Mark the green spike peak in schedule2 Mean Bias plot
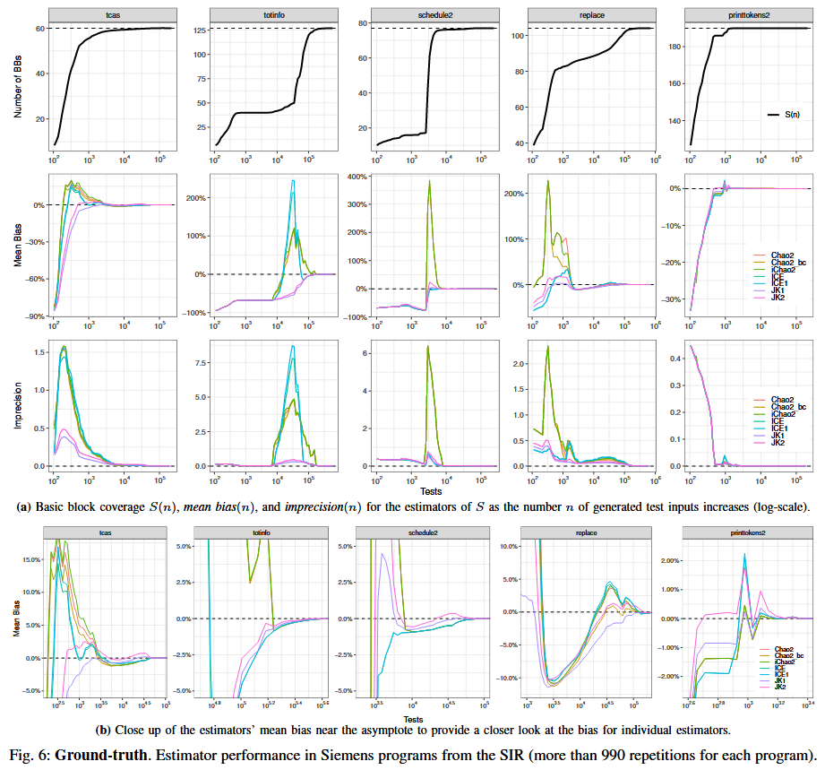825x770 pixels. click(429, 181)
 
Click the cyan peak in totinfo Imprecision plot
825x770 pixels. click(292, 346)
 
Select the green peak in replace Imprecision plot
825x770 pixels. click(547, 346)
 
